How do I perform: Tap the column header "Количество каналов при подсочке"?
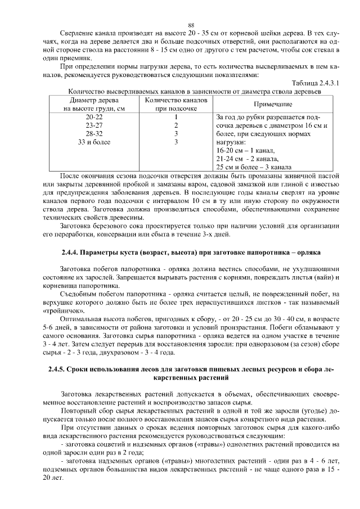pos(176,104)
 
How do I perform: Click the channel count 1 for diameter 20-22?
pos(176,117)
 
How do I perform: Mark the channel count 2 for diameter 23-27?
pos(176,125)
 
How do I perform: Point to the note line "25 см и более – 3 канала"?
pos(253,167)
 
